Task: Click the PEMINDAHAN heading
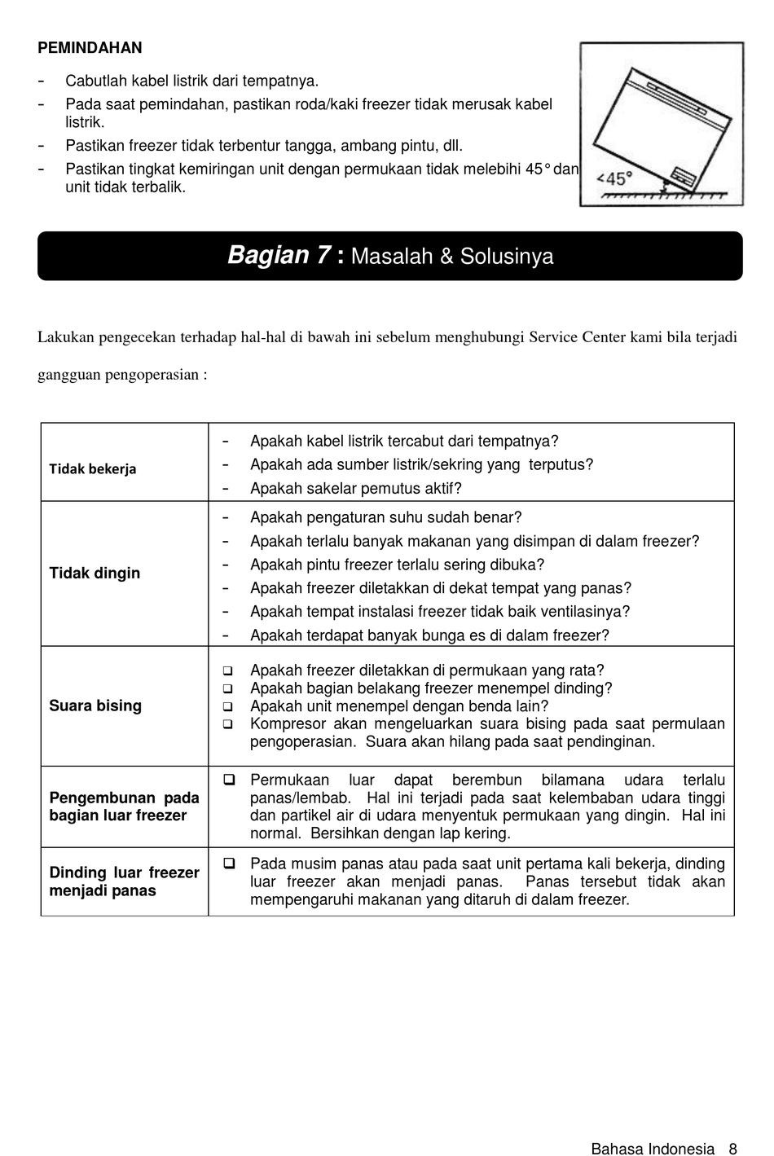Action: (x=90, y=48)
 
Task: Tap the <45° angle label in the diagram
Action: (x=614, y=178)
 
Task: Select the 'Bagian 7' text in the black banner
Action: (x=279, y=256)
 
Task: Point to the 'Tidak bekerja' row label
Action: (x=93, y=469)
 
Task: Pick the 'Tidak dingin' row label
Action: (x=95, y=574)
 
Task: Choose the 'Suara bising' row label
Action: (x=95, y=706)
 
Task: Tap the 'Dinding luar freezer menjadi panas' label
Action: (x=124, y=881)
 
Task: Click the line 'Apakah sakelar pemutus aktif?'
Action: (x=356, y=489)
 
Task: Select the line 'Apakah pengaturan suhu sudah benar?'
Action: (x=386, y=517)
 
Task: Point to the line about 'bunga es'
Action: (x=429, y=635)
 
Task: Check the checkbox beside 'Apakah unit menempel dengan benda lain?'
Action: (x=228, y=707)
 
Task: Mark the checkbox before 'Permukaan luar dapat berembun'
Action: (x=230, y=780)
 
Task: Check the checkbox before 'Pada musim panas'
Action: (x=230, y=864)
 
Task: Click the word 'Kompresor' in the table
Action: (x=288, y=724)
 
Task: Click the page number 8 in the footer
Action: (x=732, y=1149)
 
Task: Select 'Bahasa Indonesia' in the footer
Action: (x=653, y=1149)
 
